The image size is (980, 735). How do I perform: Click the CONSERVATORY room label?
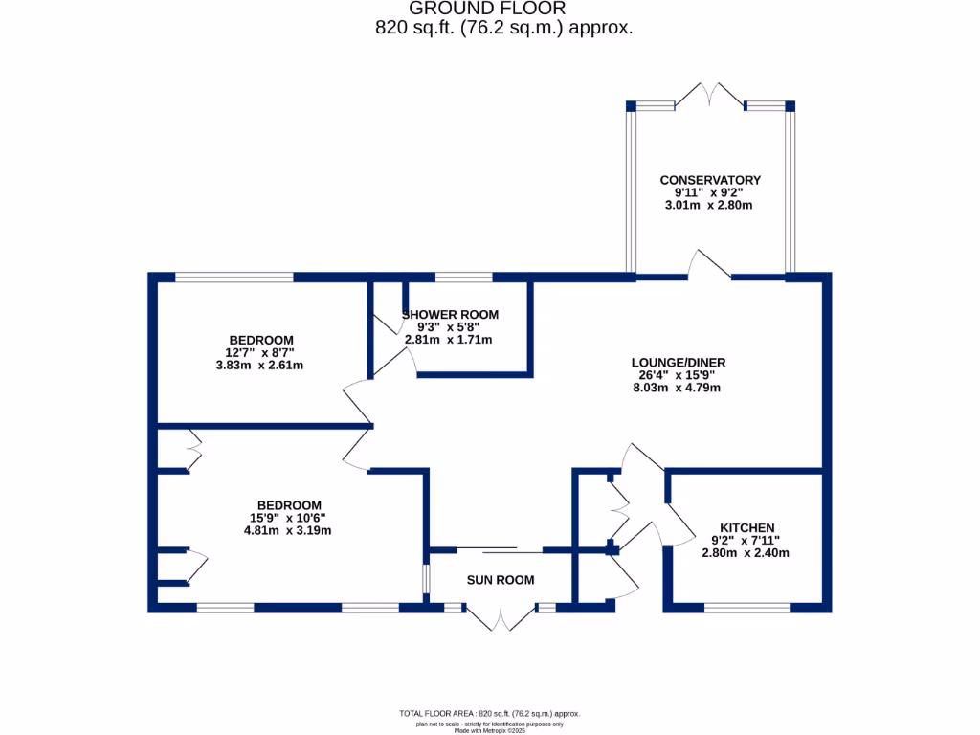(x=710, y=180)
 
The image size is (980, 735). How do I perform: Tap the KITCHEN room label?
(x=746, y=527)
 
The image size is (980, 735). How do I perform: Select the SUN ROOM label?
(x=501, y=580)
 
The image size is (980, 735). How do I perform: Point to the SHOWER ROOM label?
(x=451, y=314)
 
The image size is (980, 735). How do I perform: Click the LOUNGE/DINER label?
(x=678, y=363)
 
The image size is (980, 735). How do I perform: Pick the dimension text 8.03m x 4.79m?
(x=678, y=388)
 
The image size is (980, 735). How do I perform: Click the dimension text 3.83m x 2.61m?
(x=260, y=365)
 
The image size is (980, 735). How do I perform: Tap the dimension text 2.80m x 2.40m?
(x=746, y=552)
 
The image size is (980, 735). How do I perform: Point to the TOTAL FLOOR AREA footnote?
(x=489, y=714)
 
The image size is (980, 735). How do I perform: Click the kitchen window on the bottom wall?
(x=747, y=607)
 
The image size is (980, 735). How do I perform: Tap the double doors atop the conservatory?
(x=710, y=96)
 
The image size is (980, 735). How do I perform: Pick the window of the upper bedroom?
(x=234, y=278)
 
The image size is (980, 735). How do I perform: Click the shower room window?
(x=464, y=278)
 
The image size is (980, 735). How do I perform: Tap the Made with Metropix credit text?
(x=489, y=730)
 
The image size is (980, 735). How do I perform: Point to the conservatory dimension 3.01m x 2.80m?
(x=710, y=205)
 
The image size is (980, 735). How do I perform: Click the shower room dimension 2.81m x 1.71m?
(x=448, y=339)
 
